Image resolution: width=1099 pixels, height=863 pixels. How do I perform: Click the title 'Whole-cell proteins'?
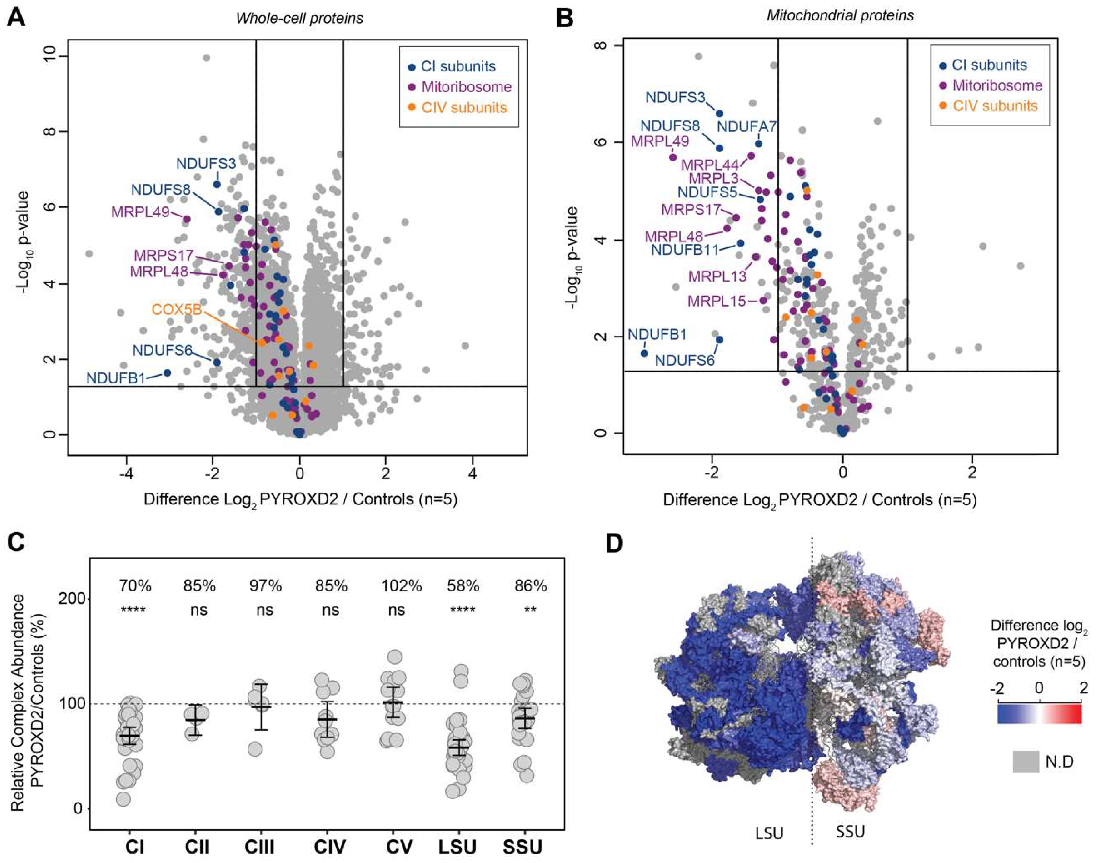tap(300, 19)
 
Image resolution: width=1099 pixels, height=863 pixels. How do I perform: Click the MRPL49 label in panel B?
tap(660, 141)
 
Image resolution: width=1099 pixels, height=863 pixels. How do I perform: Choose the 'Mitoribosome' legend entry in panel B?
tap(997, 85)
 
